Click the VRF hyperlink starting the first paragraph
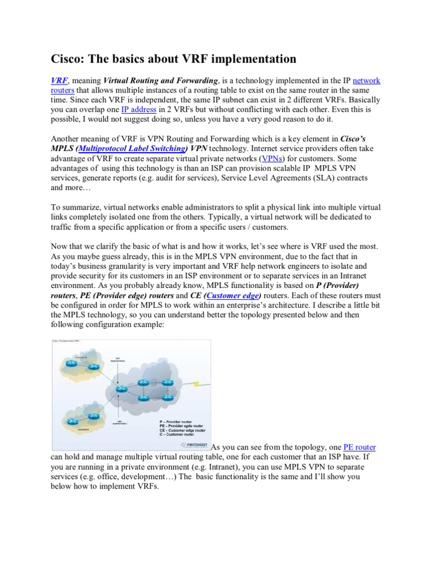pyautogui.click(x=60, y=81)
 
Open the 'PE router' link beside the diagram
pyautogui.click(x=359, y=447)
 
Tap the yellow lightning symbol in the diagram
pyautogui.click(x=197, y=385)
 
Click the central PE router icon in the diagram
pyautogui.click(x=119, y=389)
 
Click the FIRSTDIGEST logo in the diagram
pyautogui.click(x=194, y=446)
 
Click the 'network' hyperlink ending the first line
pyautogui.click(x=366, y=81)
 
